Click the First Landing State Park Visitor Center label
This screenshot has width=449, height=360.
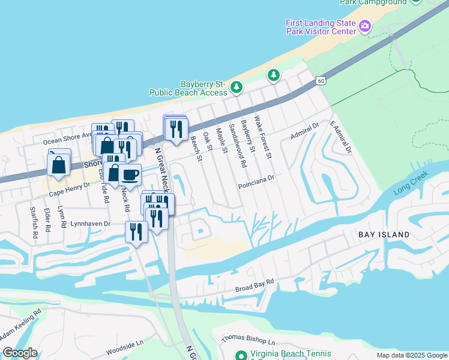(x=321, y=26)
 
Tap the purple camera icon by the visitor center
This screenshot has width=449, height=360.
(x=364, y=26)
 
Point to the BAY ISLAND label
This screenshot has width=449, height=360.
(x=384, y=235)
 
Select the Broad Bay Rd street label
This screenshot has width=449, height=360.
(x=255, y=281)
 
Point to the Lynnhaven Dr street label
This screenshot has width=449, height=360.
(x=91, y=223)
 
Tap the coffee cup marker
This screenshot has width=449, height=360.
(x=130, y=175)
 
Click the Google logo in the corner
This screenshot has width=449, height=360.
(x=20, y=353)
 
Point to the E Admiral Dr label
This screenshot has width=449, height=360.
(x=340, y=138)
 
